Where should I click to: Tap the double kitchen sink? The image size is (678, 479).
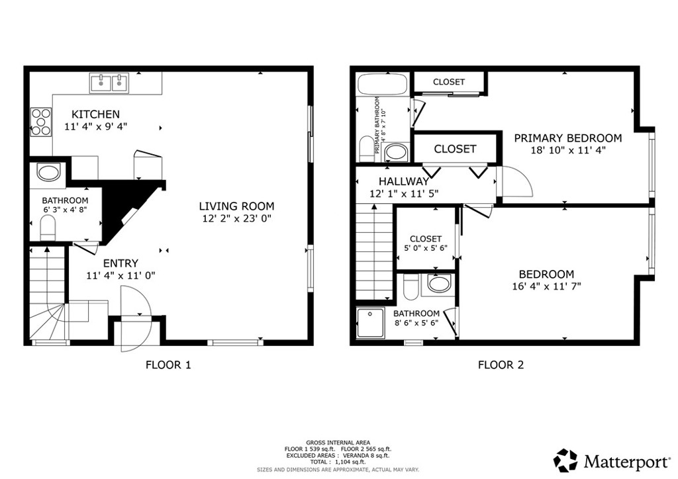(x=109, y=83)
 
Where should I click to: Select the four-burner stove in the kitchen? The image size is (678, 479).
(x=41, y=122)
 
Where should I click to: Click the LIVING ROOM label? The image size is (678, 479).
(x=237, y=206)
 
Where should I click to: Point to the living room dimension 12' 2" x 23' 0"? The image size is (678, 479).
(x=237, y=218)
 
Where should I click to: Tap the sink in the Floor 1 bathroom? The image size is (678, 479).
(x=48, y=173)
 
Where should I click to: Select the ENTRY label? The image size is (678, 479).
(x=121, y=263)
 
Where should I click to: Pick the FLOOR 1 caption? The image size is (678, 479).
(x=168, y=365)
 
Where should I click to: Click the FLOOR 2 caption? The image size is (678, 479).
(x=501, y=365)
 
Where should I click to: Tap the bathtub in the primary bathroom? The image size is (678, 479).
(x=381, y=84)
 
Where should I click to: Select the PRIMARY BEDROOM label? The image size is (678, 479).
(x=568, y=138)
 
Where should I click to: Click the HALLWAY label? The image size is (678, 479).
(x=404, y=181)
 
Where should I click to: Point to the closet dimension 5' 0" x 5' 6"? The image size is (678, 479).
(x=425, y=250)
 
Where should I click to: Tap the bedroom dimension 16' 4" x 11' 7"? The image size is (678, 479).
(x=546, y=286)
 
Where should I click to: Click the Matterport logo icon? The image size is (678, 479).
(x=565, y=459)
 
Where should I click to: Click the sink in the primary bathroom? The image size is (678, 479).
(x=396, y=152)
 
